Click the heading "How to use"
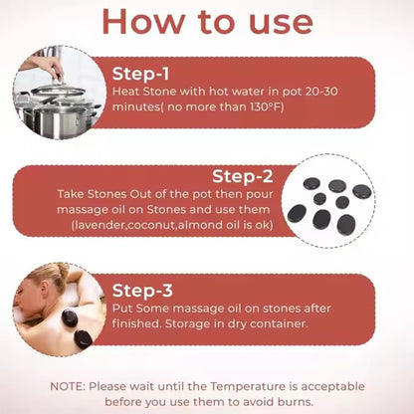[208, 22]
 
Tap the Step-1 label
[140, 74]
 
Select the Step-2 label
[243, 176]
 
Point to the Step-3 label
[142, 291]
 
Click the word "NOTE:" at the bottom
[68, 386]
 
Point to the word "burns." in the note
[296, 402]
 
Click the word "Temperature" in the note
[248, 387]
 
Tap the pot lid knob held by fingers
[59, 79]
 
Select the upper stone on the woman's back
[70, 317]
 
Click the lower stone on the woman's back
[83, 339]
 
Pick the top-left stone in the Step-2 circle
[311, 183]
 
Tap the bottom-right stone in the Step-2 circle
[346, 225]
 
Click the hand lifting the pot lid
[43, 66]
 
